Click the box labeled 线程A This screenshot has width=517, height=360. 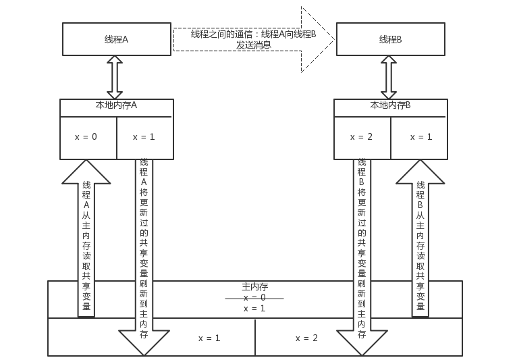116,39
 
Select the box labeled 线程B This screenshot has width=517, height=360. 390,39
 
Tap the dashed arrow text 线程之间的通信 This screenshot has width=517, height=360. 253,39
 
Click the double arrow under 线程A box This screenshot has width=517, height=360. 115,78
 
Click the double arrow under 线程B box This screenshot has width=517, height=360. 389,78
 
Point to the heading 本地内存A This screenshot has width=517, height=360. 116,105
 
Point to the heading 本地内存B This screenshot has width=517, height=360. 390,105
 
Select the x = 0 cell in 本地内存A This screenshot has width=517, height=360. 86,137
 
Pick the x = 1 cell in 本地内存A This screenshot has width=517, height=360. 144,137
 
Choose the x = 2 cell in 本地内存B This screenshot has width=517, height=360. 361,137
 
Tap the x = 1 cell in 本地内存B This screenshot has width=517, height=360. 421,137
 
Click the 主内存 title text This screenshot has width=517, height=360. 254,286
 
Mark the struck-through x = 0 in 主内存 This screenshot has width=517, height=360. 254,297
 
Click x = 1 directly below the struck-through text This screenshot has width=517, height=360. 254,308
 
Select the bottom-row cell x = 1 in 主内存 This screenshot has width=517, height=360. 209,338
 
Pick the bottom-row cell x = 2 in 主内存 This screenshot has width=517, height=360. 306,338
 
